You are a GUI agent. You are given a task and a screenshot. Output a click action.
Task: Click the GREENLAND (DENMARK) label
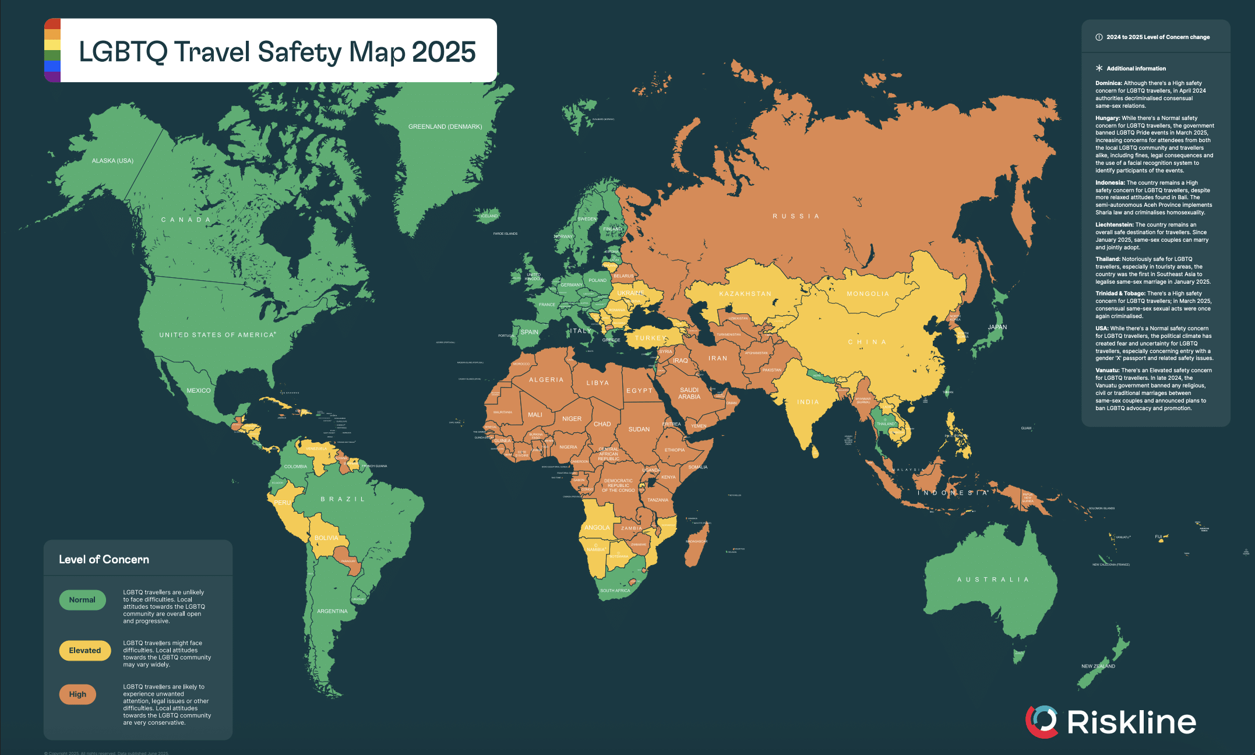point(445,126)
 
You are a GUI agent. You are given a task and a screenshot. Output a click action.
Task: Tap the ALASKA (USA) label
point(112,161)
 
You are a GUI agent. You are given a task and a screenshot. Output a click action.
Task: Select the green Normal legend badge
point(82,600)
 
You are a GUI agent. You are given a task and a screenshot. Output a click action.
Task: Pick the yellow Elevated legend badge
point(84,651)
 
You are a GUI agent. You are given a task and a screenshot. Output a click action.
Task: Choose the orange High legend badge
point(77,694)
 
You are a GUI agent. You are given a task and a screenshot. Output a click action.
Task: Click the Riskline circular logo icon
point(1041,721)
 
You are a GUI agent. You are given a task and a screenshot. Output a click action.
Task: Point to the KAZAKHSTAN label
point(745,294)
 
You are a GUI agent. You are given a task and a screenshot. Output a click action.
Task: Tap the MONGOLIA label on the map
point(868,294)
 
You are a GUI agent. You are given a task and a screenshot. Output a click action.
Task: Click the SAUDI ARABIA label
point(689,393)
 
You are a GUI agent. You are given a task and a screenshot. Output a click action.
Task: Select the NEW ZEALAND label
point(1098,666)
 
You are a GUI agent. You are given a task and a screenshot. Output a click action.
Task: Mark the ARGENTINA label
point(332,611)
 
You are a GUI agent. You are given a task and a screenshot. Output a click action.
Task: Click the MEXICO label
point(199,390)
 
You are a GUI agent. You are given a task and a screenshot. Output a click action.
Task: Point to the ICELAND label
point(489,216)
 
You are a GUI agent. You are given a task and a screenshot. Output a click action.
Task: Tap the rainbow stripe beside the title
point(52,50)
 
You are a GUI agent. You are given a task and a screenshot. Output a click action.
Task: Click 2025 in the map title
point(444,52)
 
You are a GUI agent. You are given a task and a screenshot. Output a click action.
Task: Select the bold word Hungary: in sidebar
point(1108,118)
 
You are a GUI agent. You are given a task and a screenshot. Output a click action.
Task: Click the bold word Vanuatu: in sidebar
point(1107,371)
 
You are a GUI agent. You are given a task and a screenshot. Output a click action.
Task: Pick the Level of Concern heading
point(104,559)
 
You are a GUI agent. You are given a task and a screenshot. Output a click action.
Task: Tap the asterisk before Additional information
point(1099,68)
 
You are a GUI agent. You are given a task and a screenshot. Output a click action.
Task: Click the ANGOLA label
point(597,528)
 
